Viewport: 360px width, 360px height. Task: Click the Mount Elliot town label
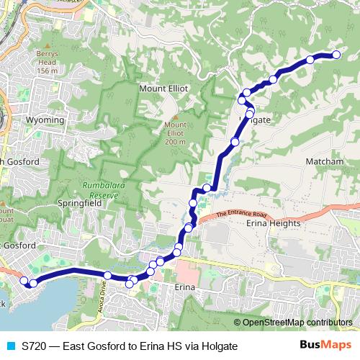163,88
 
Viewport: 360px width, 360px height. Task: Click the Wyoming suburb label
44,118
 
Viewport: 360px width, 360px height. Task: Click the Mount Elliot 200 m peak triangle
174,116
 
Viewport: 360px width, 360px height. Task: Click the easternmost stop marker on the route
336,55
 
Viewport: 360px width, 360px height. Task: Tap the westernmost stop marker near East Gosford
24,281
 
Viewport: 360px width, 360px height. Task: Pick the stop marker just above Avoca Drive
107,276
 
